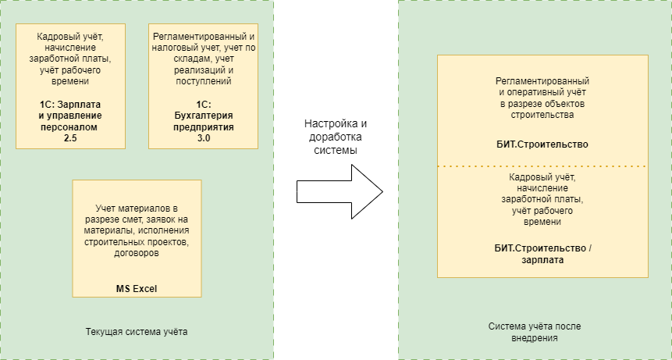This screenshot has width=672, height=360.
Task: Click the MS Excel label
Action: [137, 288]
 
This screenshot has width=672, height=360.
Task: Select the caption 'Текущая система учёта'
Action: [137, 332]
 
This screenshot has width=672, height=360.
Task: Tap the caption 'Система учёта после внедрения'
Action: [535, 332]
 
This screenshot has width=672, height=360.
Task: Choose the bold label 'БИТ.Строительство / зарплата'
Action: [542, 254]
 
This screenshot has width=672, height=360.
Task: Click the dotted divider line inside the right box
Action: [542, 166]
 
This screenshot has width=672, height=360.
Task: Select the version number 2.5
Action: [70, 137]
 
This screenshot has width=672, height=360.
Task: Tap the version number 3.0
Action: [203, 137]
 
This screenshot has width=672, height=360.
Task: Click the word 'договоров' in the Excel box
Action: [137, 253]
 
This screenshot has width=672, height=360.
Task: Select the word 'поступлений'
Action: [203, 80]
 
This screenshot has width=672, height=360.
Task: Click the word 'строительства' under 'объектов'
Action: [542, 114]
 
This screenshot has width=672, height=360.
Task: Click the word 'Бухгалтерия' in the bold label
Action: [203, 116]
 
